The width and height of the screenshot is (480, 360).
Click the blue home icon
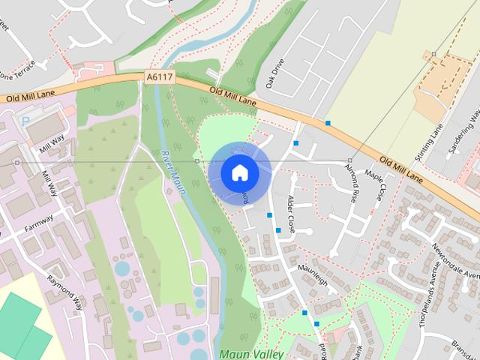pyautogui.click(x=239, y=172)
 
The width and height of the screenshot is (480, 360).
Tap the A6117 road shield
pyautogui.click(x=159, y=76)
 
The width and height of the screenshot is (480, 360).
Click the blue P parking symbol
pyautogui.click(x=25, y=120)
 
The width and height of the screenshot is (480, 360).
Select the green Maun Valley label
pyautogui.click(x=251, y=352)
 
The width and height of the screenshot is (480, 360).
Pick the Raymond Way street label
pyautogui.click(x=64, y=292)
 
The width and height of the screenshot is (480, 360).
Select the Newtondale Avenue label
pyautogui.click(x=457, y=262)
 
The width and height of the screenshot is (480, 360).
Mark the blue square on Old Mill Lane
pyautogui.click(x=328, y=122)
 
